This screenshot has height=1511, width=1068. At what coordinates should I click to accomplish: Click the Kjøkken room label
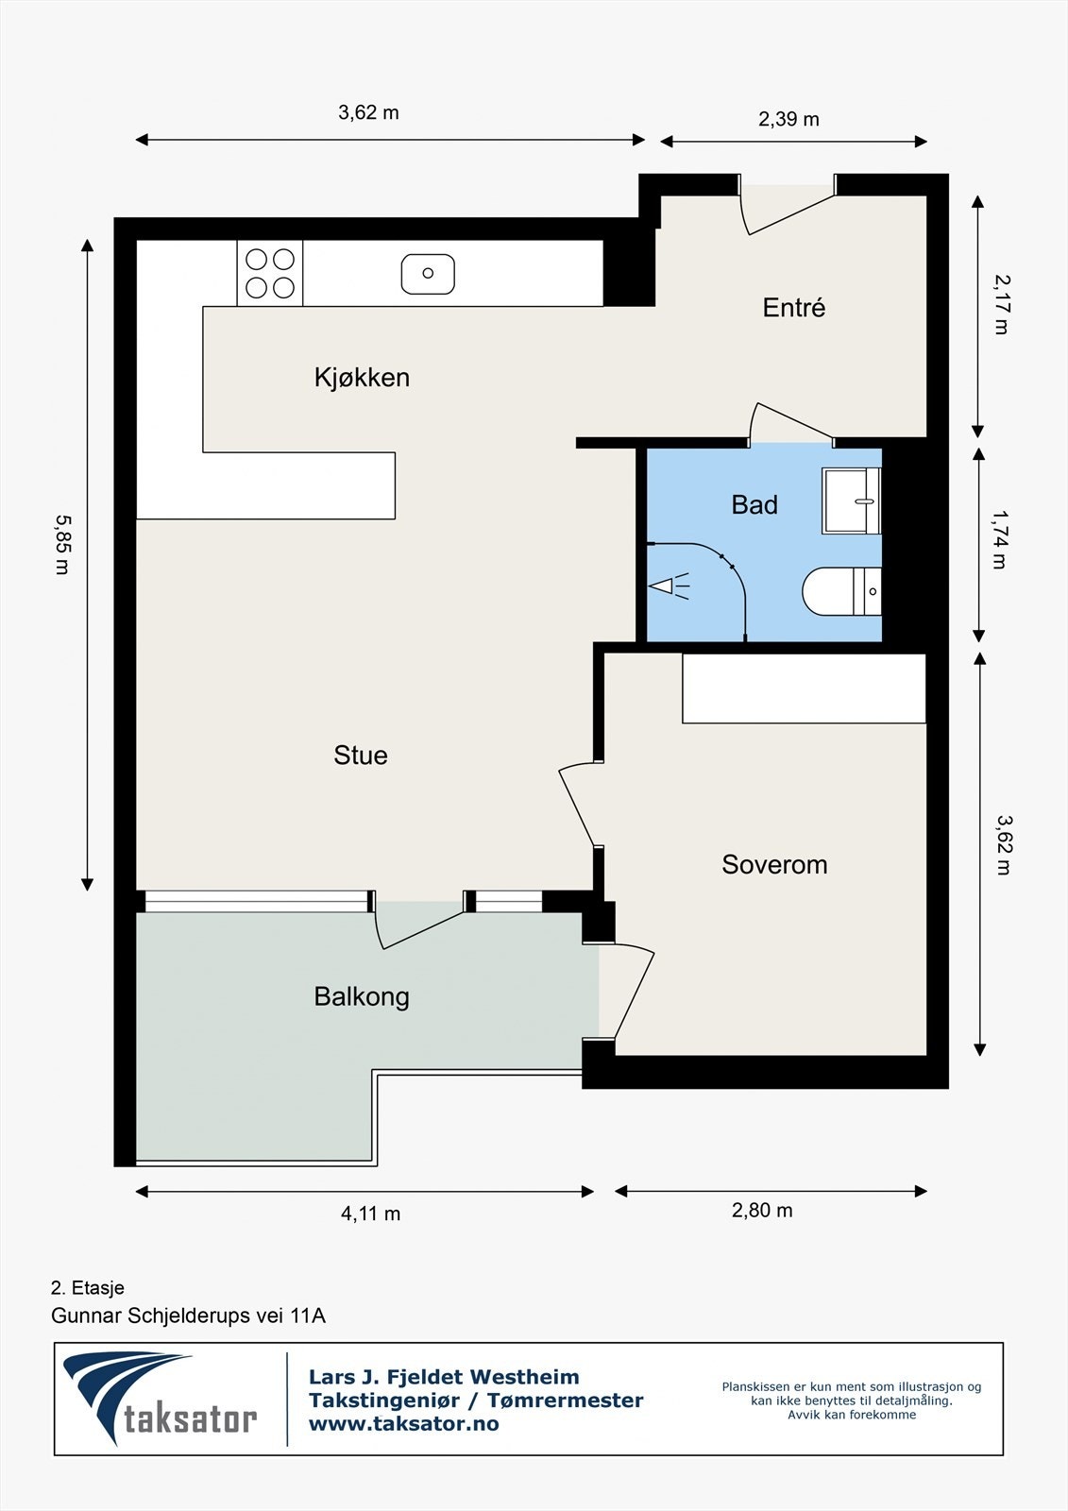pyautogui.click(x=362, y=377)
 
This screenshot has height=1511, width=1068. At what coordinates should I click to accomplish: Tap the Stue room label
pyautogui.click(x=361, y=755)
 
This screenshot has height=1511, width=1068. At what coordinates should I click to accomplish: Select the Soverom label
pyautogui.click(x=774, y=864)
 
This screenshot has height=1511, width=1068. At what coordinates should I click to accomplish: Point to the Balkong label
pyautogui.click(x=362, y=997)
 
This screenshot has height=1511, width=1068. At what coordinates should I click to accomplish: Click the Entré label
pyautogui.click(x=794, y=307)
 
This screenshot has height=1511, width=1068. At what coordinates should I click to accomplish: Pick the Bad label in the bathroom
pyautogui.click(x=754, y=504)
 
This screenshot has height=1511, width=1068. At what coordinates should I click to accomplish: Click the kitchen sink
pyautogui.click(x=428, y=274)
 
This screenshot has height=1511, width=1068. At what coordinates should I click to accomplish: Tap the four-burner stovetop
pyautogui.click(x=270, y=273)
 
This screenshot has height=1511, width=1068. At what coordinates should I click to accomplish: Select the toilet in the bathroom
pyautogui.click(x=842, y=591)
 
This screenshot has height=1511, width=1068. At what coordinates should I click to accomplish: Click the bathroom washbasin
pyautogui.click(x=852, y=501)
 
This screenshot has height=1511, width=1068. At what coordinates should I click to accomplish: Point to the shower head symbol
pyautogui.click(x=669, y=586)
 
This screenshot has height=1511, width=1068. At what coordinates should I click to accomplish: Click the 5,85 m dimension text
pyautogui.click(x=62, y=545)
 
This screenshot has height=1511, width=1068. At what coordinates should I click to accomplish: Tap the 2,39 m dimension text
pyautogui.click(x=788, y=119)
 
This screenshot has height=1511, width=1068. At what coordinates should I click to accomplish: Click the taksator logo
pyautogui.click(x=160, y=1398)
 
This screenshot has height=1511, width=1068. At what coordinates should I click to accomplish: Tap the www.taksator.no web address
pyautogui.click(x=403, y=1423)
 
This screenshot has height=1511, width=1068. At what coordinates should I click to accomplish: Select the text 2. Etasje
pyautogui.click(x=88, y=1288)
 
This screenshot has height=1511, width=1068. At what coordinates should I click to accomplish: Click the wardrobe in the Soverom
pyautogui.click(x=804, y=688)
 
